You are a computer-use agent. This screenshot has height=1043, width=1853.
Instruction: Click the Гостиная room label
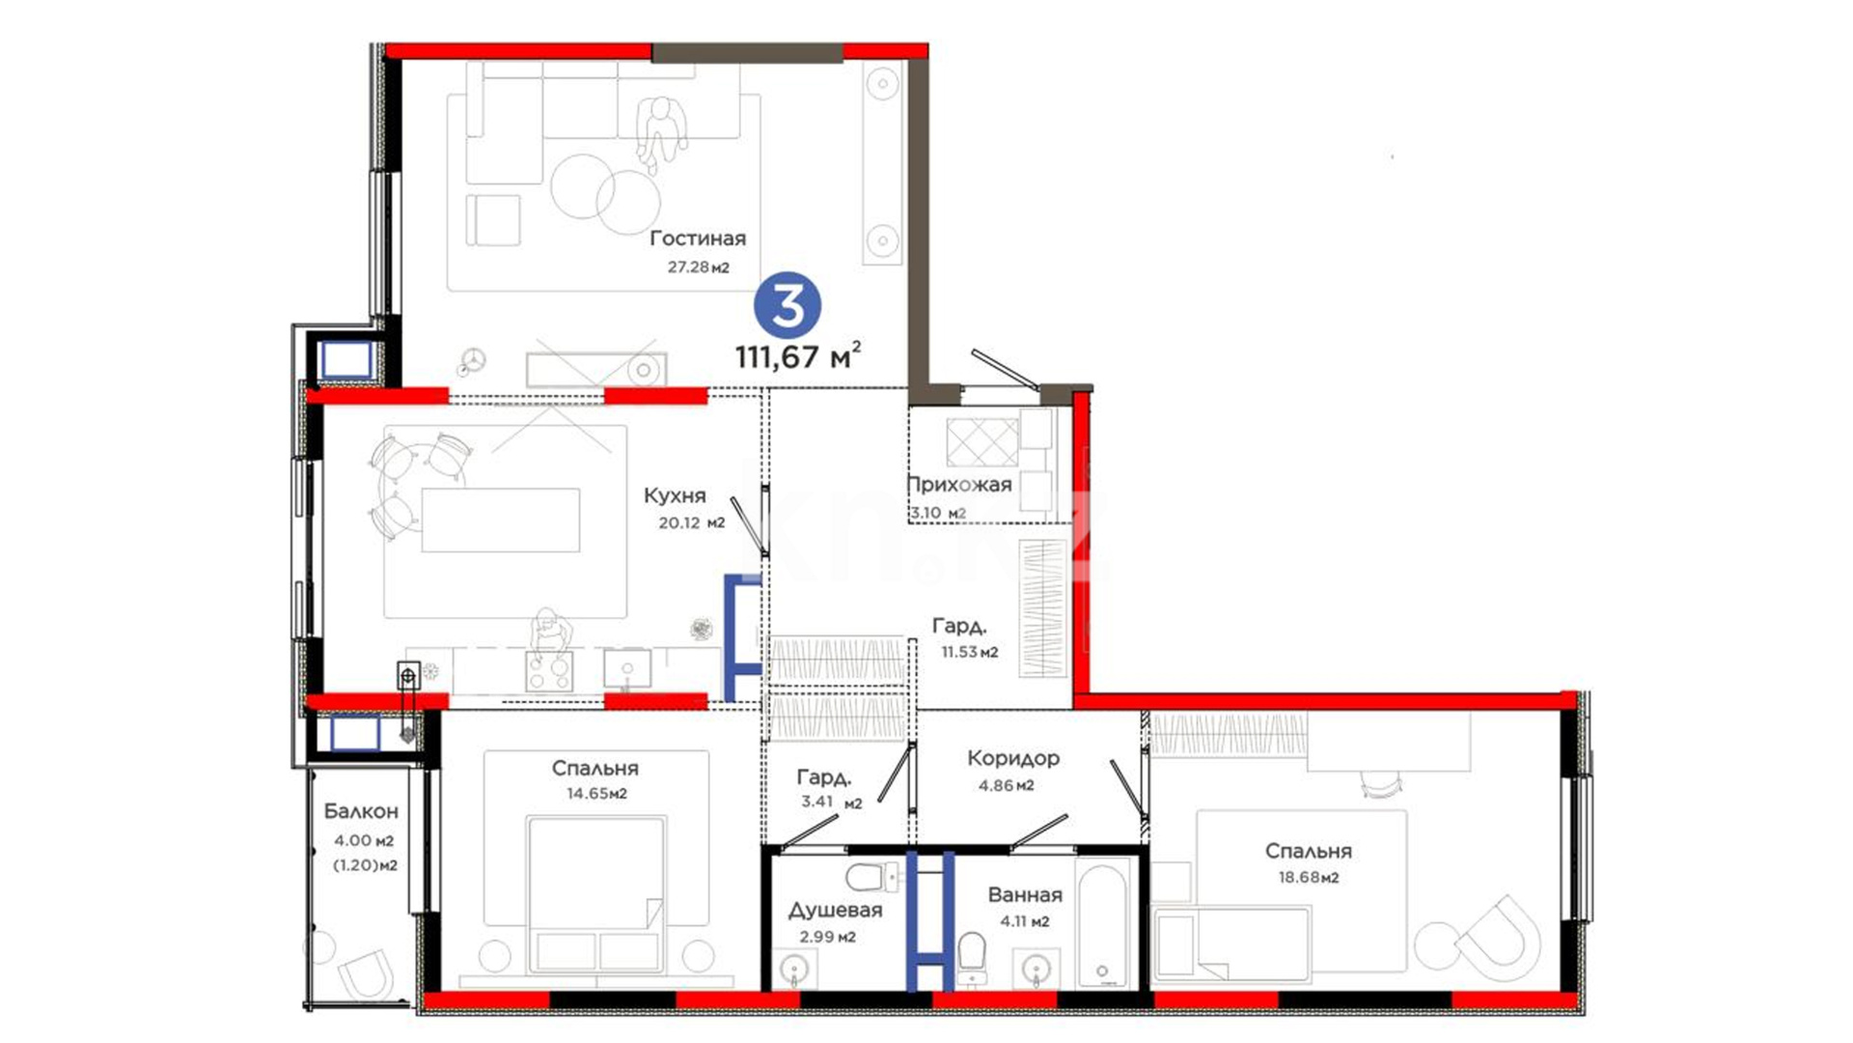[698, 238]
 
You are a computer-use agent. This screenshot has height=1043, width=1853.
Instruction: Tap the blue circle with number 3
[788, 305]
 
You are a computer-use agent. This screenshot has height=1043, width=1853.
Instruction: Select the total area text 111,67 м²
[797, 355]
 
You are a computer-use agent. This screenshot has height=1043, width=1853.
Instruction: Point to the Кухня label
[675, 495]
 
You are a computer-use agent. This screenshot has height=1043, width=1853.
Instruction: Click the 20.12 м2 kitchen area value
[691, 523]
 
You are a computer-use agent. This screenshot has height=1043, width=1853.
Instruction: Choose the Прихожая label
[959, 485]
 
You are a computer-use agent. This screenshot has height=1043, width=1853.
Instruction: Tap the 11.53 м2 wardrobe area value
[970, 652]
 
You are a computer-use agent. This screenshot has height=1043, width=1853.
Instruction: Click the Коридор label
[1013, 759]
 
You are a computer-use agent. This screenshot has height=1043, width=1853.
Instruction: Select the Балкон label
[361, 811]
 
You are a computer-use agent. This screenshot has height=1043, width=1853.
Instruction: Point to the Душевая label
[835, 911]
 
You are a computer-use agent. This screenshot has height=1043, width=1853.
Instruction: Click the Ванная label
[1025, 895]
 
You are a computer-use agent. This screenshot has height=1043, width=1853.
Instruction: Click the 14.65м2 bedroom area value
[596, 794]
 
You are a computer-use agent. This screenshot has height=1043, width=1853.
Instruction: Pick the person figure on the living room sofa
[661, 135]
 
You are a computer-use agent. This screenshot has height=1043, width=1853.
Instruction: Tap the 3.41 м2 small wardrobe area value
[831, 802]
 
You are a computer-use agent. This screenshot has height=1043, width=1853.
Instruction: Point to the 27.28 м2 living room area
[699, 267]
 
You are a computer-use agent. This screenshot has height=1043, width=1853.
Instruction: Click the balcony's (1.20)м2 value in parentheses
[365, 865]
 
